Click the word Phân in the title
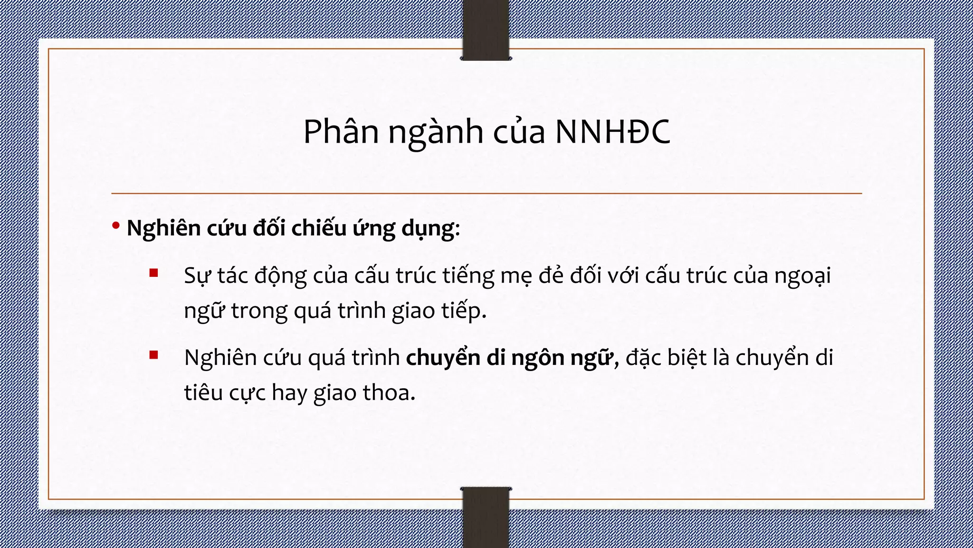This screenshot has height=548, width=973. [341, 131]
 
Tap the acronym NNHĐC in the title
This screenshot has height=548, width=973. [612, 131]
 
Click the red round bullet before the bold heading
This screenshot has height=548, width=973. [116, 226]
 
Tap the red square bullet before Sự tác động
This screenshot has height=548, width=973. [153, 273]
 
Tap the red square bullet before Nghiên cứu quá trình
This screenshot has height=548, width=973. [153, 355]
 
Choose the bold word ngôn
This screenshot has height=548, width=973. [538, 358]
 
